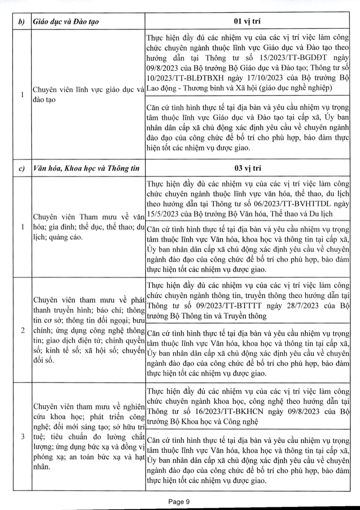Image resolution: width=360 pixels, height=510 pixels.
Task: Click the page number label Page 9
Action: point(179,502)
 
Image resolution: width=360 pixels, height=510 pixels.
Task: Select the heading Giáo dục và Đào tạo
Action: point(66,22)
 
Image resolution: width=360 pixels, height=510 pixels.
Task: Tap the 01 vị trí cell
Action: point(247,21)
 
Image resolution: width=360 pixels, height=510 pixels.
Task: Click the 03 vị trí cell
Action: point(247,168)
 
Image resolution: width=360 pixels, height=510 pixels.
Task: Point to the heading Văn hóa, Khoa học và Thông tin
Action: point(86,169)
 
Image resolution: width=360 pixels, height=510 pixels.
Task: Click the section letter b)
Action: point(22,22)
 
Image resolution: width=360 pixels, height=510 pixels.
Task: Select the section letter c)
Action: point(22,169)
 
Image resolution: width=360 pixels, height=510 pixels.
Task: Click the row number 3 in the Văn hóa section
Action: point(22,437)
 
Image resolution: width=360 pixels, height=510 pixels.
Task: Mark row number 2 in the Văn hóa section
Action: point(22,330)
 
